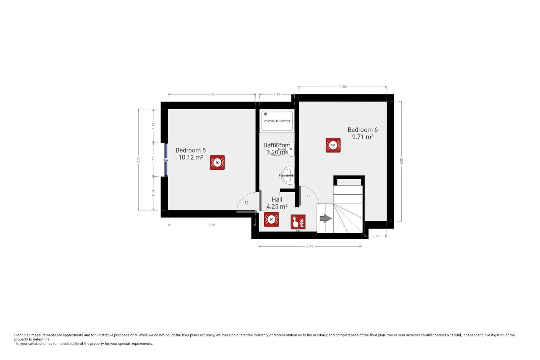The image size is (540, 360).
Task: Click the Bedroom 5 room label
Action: [x=191, y=154]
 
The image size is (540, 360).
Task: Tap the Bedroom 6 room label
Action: [x=362, y=133]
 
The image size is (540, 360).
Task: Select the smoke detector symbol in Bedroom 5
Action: [x=217, y=162]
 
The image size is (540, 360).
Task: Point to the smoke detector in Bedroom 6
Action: [x=333, y=145]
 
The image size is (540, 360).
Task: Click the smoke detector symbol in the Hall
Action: [x=271, y=219]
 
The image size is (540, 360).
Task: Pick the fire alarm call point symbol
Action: [x=298, y=222]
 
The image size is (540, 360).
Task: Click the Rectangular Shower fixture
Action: [x=277, y=121]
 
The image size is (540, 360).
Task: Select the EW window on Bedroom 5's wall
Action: [x=166, y=160]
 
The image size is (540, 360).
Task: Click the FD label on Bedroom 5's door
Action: [x=247, y=202]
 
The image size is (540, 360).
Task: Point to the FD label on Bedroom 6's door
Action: [x=308, y=196]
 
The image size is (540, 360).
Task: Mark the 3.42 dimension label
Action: [x=138, y=160]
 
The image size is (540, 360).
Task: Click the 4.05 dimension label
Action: [x=402, y=161]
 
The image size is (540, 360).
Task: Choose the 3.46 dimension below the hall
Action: [x=310, y=246]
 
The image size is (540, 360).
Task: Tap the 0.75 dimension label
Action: [x=376, y=236]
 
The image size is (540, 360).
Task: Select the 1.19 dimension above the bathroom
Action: [x=277, y=94]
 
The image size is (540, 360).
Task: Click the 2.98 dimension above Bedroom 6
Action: [x=343, y=87]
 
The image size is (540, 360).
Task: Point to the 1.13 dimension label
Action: [x=153, y=193]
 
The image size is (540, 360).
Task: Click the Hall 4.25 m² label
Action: [x=277, y=203]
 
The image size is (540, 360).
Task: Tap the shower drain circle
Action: [x=265, y=114]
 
